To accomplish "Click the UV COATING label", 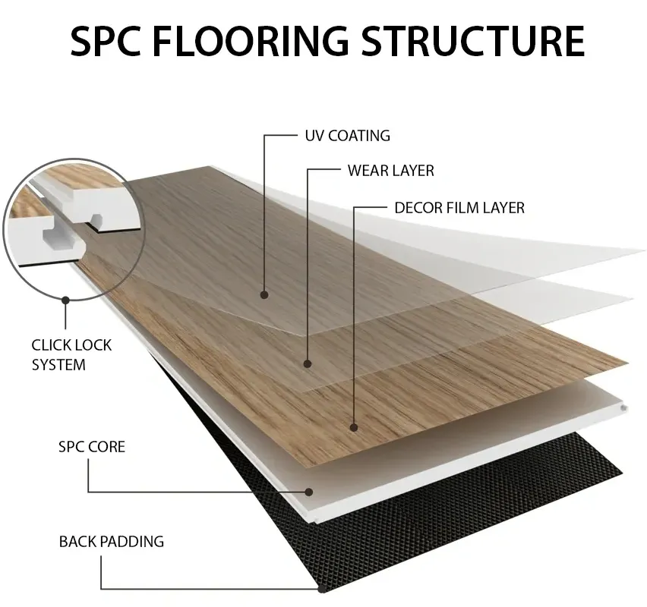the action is click(x=347, y=137).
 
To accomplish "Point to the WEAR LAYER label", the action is click(x=390, y=171).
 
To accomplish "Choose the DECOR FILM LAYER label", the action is click(x=459, y=207).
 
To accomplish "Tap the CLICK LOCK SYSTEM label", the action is click(x=71, y=354).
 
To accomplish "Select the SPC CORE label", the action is click(x=91, y=446).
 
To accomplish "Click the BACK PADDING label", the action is click(x=112, y=542).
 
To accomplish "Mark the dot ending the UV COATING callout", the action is click(x=264, y=294).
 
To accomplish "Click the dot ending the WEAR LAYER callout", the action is click(x=308, y=364).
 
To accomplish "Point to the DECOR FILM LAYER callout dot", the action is click(x=355, y=427).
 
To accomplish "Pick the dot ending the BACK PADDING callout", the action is click(x=322, y=588).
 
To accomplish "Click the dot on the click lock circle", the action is click(x=65, y=300).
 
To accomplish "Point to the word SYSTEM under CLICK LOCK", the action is click(x=58, y=364).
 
